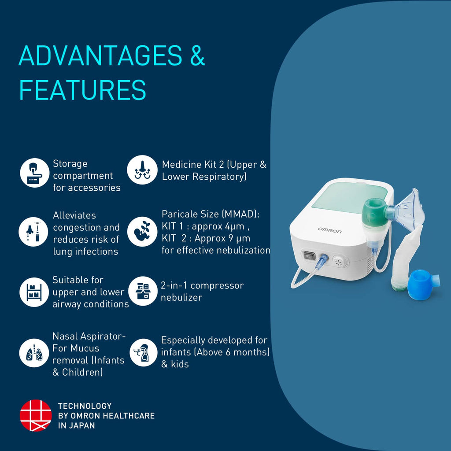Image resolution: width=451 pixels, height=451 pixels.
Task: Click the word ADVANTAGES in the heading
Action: (x=100, y=55)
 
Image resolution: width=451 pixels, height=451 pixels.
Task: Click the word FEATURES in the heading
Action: (x=82, y=90)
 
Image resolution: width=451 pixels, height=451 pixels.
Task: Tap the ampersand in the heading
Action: (x=197, y=55)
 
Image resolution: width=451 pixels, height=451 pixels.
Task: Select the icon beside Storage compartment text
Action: (x=35, y=173)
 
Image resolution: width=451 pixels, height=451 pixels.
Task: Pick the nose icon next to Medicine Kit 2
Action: (x=142, y=170)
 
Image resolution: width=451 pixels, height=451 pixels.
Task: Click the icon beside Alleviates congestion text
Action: (x=33, y=232)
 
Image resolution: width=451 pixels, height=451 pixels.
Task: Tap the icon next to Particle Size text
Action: (x=142, y=232)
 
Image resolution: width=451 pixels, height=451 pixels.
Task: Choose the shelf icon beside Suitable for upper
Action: (x=34, y=292)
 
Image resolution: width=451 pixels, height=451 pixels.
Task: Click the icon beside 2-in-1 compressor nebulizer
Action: (x=143, y=291)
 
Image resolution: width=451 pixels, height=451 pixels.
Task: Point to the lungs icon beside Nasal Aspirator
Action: (x=34, y=353)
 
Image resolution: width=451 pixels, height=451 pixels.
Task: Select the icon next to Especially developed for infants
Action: (x=144, y=352)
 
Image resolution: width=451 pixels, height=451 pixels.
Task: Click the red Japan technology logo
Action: (x=36, y=415)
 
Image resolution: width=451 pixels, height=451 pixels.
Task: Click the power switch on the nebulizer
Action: (x=309, y=255)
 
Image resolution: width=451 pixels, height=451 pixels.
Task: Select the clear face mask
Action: (x=408, y=210)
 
